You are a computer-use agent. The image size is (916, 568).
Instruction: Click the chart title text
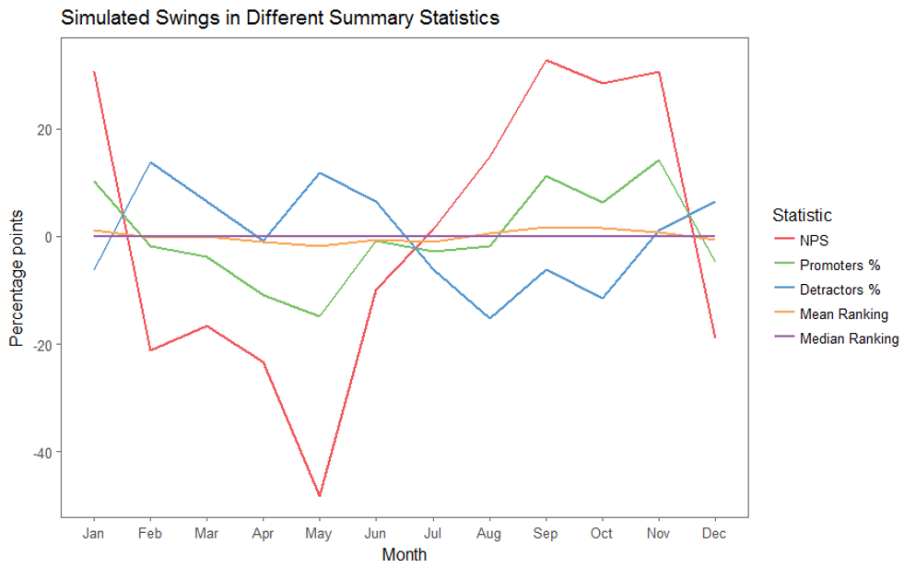click(280, 18)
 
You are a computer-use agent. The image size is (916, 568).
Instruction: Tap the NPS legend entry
click(802, 240)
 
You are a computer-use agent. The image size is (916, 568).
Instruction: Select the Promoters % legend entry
click(828, 266)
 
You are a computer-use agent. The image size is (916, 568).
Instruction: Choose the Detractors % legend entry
click(828, 290)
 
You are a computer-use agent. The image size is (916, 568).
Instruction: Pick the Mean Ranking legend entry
click(831, 314)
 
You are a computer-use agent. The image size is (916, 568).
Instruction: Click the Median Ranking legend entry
click(837, 339)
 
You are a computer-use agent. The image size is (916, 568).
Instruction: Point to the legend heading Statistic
click(802, 215)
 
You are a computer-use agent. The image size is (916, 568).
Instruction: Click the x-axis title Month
click(405, 554)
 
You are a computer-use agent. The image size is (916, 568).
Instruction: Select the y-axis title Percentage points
click(17, 278)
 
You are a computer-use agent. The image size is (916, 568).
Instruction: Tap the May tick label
click(318, 534)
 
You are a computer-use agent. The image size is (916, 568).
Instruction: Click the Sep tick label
click(545, 534)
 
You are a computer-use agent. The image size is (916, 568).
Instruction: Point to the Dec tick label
click(714, 534)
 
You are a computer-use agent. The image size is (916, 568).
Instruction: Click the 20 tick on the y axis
click(45, 130)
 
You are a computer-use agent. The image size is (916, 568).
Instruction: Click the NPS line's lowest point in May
click(319, 495)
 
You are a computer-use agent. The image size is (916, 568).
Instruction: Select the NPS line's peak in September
click(546, 60)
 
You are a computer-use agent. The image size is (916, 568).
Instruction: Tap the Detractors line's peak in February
click(151, 162)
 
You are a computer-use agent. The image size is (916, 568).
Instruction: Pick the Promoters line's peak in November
click(658, 160)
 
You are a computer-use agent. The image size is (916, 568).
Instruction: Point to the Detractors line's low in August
click(489, 318)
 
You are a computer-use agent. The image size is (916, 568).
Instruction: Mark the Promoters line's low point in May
click(319, 316)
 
